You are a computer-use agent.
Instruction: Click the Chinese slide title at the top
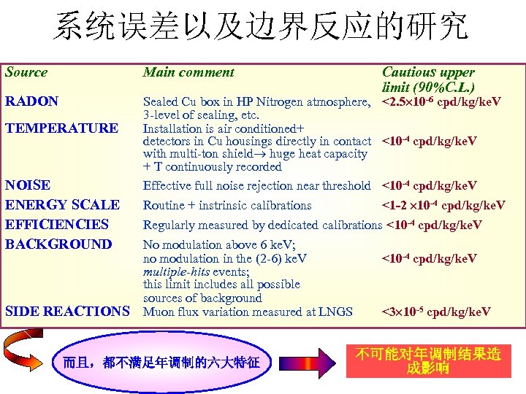click(262, 28)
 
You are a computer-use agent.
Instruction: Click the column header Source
click(26, 72)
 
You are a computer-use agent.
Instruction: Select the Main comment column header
click(188, 72)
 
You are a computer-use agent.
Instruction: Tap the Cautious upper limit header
click(428, 79)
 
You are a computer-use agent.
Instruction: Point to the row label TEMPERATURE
click(61, 128)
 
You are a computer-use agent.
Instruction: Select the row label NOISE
click(28, 185)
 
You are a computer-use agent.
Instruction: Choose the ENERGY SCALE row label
click(61, 205)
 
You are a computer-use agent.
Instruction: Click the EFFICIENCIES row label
click(57, 225)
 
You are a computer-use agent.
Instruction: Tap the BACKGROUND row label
click(58, 244)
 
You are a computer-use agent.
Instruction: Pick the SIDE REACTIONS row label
click(66, 312)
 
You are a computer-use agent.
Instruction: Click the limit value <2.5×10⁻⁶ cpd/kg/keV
click(441, 101)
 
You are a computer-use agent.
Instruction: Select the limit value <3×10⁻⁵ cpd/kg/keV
click(436, 312)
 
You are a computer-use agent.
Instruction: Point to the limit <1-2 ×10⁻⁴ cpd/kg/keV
click(443, 206)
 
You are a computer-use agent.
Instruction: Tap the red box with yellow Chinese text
click(427, 360)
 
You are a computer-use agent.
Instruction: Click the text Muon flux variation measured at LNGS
click(248, 312)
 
